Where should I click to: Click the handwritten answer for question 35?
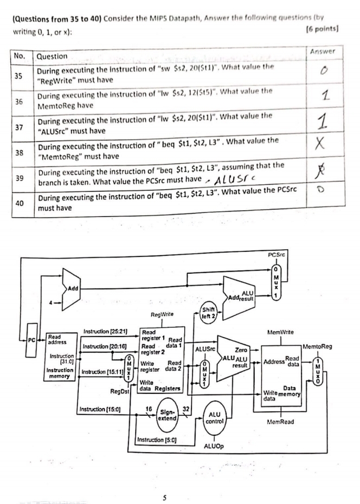(324, 70)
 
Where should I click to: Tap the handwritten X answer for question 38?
(319, 144)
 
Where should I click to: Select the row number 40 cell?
(20, 203)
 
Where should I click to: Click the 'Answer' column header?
(323, 51)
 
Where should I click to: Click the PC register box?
(32, 340)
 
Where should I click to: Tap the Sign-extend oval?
(168, 415)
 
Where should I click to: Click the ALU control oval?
(214, 418)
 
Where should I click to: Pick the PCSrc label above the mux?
(276, 255)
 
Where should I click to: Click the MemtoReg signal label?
(317, 346)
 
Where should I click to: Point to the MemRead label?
(280, 422)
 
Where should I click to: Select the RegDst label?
(120, 391)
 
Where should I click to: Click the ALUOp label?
(214, 446)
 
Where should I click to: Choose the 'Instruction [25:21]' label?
(105, 331)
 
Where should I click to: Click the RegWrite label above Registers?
(162, 314)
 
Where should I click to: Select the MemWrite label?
(280, 332)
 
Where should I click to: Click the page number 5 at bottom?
(164, 498)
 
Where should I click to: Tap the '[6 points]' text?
(323, 29)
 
